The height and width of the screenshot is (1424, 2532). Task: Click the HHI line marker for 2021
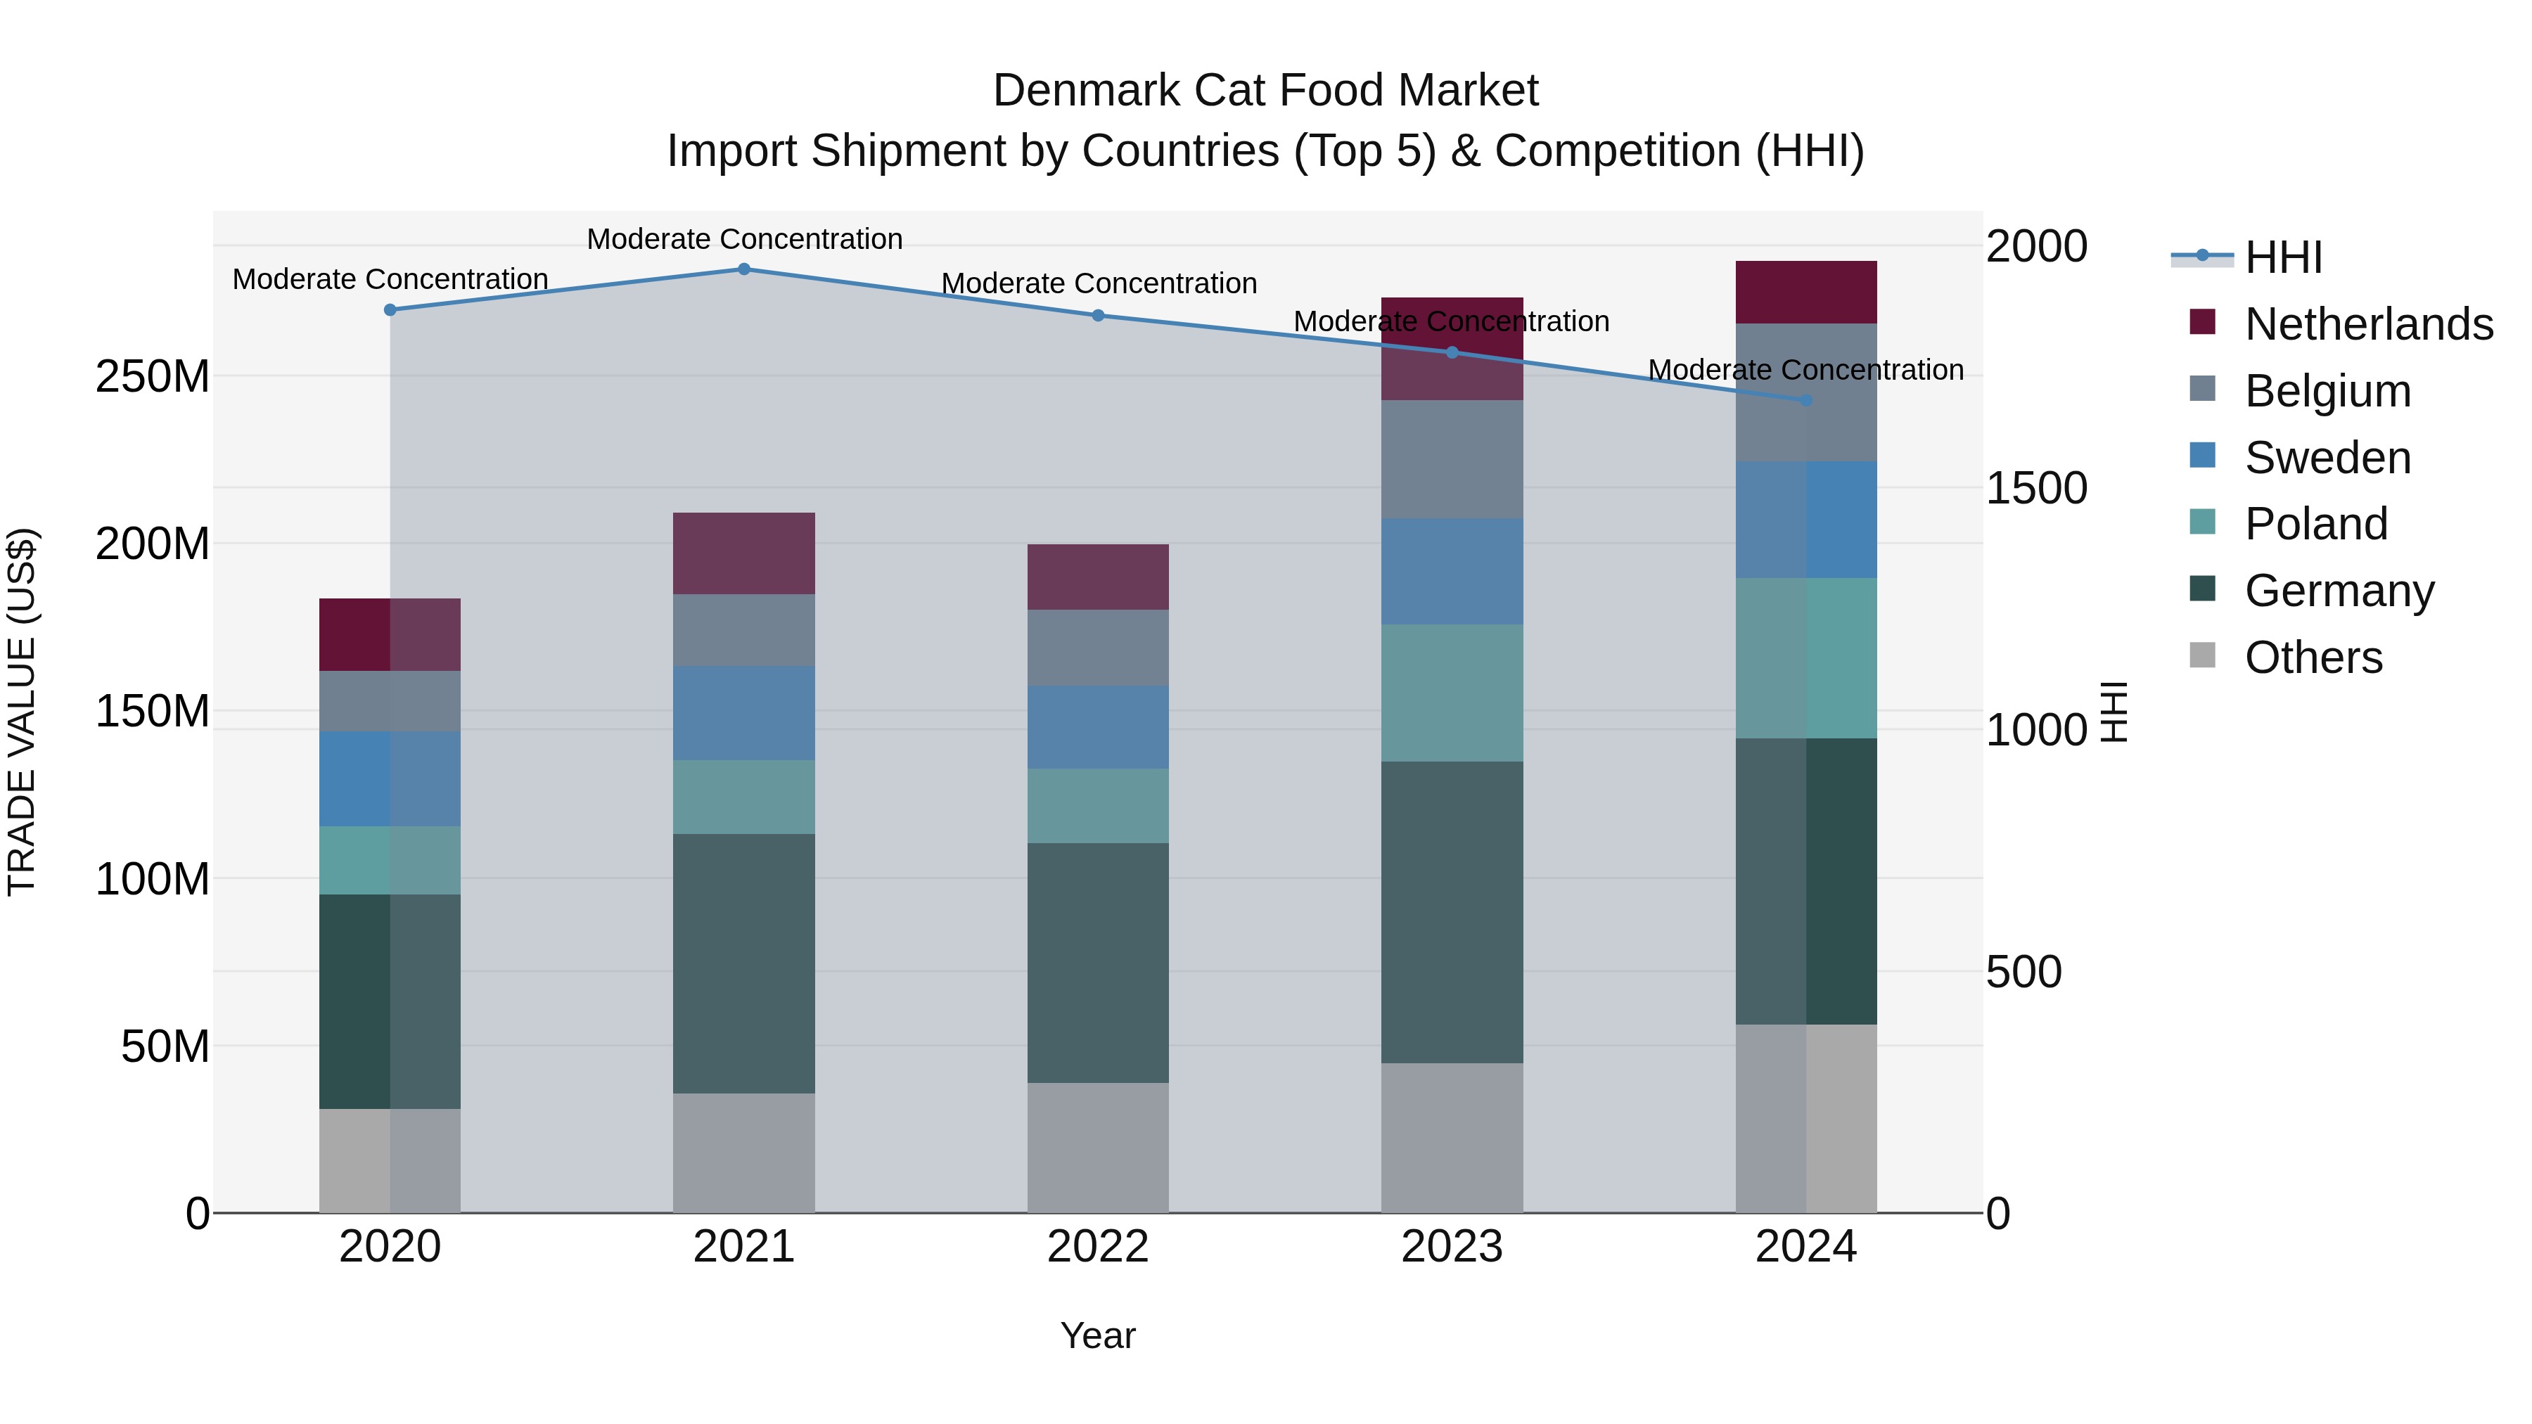(x=744, y=269)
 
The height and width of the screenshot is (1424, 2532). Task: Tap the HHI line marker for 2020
(x=390, y=309)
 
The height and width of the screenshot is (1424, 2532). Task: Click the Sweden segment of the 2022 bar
(x=1098, y=727)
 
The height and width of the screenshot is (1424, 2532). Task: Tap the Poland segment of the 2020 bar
(x=390, y=860)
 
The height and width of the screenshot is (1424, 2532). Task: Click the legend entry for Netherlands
(x=2368, y=324)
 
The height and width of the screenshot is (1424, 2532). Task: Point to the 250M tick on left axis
(x=153, y=376)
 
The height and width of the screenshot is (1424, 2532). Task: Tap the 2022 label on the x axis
(x=1098, y=1247)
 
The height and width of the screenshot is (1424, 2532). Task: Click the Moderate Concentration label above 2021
(x=744, y=239)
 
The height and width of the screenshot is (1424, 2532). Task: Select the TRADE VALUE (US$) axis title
(x=22, y=712)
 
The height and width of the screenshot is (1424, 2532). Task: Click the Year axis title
(x=1098, y=1335)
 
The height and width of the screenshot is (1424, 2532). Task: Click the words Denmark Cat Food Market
(x=1265, y=91)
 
